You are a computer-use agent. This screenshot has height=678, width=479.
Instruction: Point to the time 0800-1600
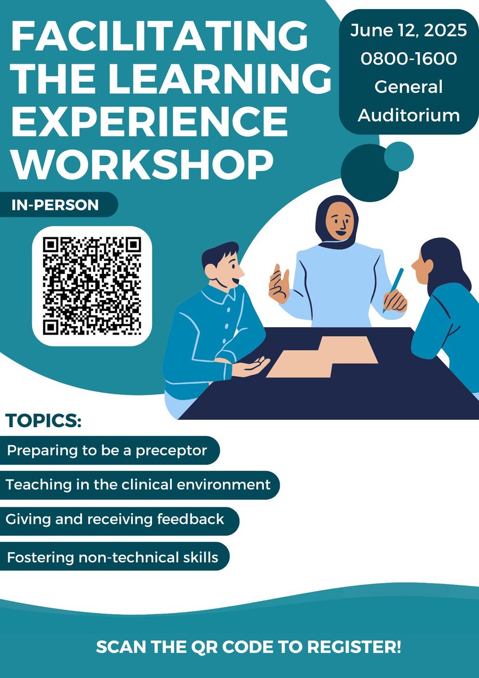(408, 59)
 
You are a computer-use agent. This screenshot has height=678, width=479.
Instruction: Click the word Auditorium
(408, 115)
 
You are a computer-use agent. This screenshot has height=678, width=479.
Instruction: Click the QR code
(92, 285)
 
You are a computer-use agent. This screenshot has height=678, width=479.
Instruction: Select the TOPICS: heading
(43, 421)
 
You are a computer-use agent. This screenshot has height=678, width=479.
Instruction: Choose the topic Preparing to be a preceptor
(107, 451)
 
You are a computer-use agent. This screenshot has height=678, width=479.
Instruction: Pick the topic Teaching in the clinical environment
(138, 485)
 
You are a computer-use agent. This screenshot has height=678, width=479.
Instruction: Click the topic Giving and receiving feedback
(115, 519)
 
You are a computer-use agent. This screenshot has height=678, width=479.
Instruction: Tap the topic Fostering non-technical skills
(112, 557)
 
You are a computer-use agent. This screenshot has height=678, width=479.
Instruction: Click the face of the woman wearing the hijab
(341, 223)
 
